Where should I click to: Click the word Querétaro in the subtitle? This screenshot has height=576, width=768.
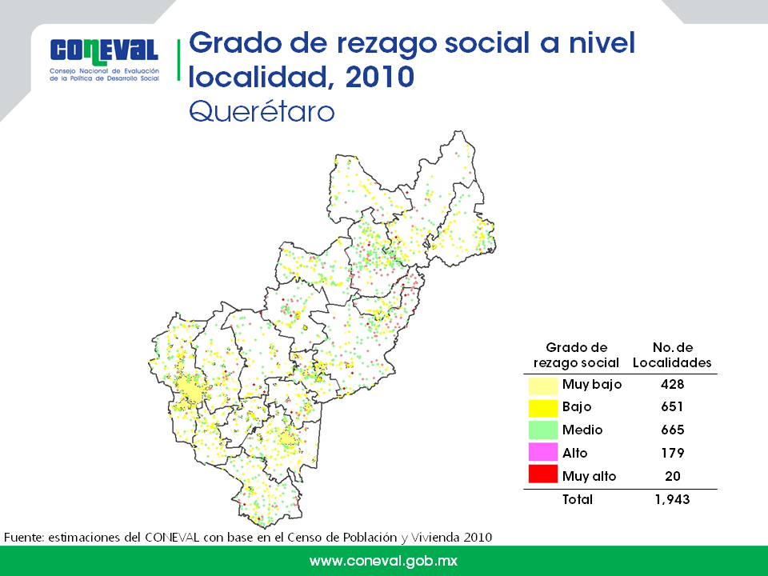click(262, 112)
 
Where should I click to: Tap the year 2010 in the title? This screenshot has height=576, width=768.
click(379, 78)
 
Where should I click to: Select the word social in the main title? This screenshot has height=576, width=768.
click(487, 42)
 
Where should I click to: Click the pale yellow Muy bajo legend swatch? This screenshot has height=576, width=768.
click(542, 385)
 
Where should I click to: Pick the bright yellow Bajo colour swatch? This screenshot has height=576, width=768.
click(542, 407)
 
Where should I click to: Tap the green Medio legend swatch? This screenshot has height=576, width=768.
click(542, 430)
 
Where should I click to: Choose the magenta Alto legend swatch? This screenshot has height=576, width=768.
click(542, 453)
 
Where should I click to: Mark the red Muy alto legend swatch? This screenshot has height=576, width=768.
click(542, 474)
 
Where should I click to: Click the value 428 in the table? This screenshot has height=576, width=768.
click(672, 384)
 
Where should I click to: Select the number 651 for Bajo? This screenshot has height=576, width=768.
click(672, 406)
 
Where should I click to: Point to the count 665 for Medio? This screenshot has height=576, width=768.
click(672, 430)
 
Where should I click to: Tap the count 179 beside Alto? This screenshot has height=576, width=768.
click(672, 453)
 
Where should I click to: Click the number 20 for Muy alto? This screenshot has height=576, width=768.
click(673, 475)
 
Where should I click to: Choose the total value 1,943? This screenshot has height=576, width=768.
click(672, 499)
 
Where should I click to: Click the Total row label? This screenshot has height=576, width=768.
click(578, 499)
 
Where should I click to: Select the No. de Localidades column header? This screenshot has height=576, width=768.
click(672, 355)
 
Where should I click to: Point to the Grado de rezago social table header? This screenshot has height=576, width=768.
click(576, 355)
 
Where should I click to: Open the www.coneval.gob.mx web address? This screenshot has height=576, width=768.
click(383, 561)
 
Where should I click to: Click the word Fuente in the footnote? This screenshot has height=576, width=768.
click(23, 538)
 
